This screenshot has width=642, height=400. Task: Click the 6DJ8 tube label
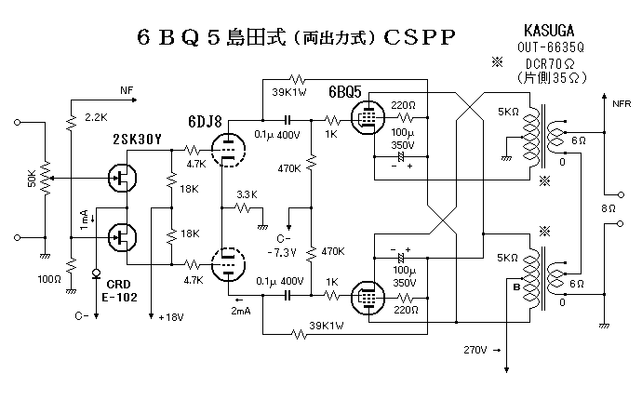(204, 121)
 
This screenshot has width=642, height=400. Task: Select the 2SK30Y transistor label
(136, 140)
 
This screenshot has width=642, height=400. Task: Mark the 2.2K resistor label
(96, 117)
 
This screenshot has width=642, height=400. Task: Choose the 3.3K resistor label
(247, 194)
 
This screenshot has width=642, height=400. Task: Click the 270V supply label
(474, 351)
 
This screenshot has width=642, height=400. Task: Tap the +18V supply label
(171, 317)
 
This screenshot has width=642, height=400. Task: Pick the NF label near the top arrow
(127, 91)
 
